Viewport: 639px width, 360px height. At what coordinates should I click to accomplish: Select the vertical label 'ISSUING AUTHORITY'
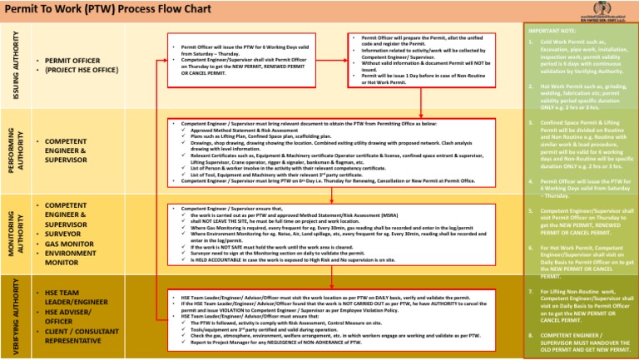click(x=15, y=67)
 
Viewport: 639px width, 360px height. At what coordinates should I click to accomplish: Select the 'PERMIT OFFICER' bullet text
click(x=72, y=62)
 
